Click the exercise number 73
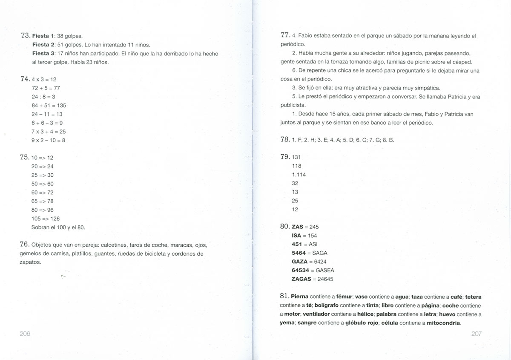(25, 36)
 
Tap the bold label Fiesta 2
(43, 45)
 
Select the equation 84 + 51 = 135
(49, 105)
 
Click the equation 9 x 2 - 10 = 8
(49, 140)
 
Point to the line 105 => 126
(46, 219)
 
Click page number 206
(25, 334)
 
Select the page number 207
(477, 334)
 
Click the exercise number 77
(285, 35)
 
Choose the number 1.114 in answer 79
(299, 175)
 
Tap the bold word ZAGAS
(301, 279)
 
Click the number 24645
(325, 279)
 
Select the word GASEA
(325, 271)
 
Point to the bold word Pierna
(300, 297)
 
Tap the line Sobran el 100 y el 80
(58, 228)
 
